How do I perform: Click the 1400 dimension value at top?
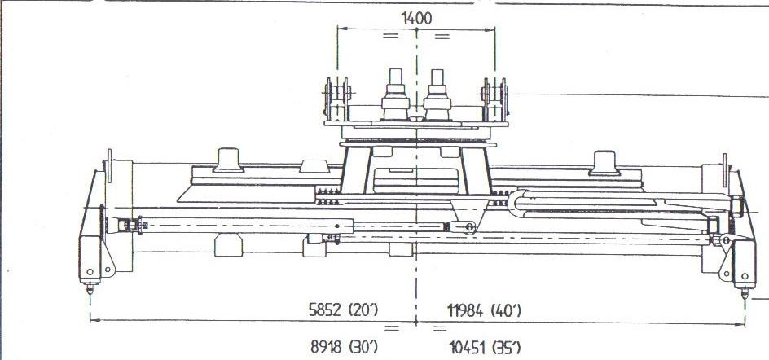417,19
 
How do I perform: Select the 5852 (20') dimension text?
343,310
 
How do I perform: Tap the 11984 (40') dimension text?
485,310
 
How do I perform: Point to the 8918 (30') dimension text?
344,347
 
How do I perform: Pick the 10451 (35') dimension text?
485,349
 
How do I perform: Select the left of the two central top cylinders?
395,94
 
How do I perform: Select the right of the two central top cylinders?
437,94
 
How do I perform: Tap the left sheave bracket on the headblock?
337,99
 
